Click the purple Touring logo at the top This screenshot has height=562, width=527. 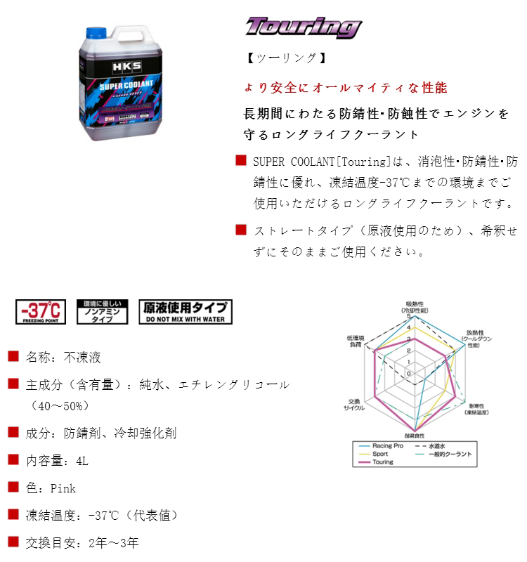303,27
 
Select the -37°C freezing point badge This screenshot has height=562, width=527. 41,311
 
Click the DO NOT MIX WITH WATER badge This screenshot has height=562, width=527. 186,311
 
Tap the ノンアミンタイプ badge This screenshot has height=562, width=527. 103,311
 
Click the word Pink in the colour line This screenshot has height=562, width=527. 63,488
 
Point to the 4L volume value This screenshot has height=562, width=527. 82,461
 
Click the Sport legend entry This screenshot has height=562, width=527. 380,455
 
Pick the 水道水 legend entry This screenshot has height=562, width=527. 438,446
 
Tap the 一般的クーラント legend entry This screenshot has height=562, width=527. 450,455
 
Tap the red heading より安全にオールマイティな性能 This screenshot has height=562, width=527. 345,88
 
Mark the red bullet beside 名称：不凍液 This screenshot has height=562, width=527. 13,357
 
